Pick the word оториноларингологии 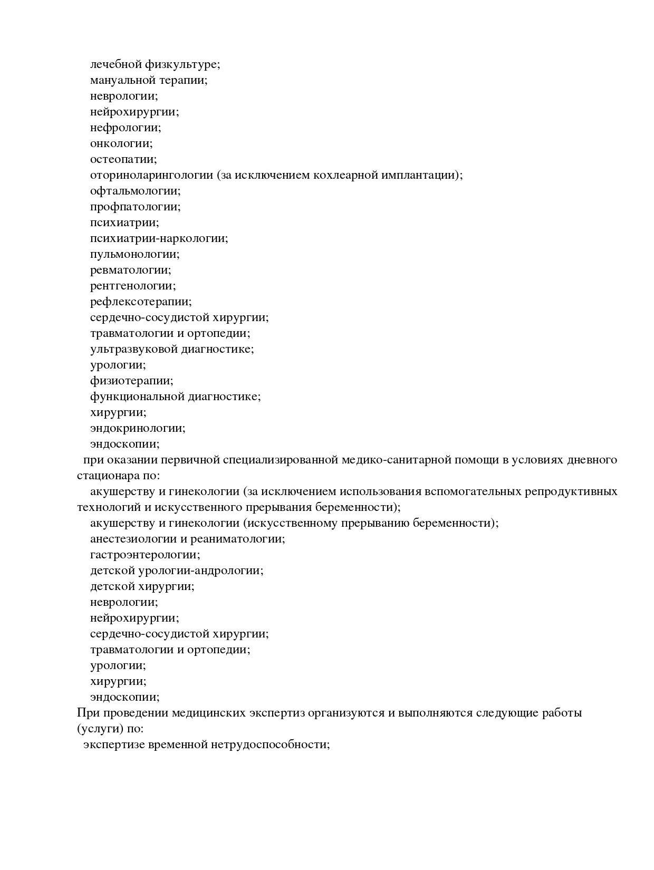point(151,176)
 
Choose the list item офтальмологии point(135,191)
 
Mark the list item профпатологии point(135,207)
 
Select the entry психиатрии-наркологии point(159,239)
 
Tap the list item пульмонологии point(134,255)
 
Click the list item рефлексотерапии point(141,302)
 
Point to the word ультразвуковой point(133,350)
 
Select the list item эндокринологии point(138,429)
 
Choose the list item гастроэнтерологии point(145,555)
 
